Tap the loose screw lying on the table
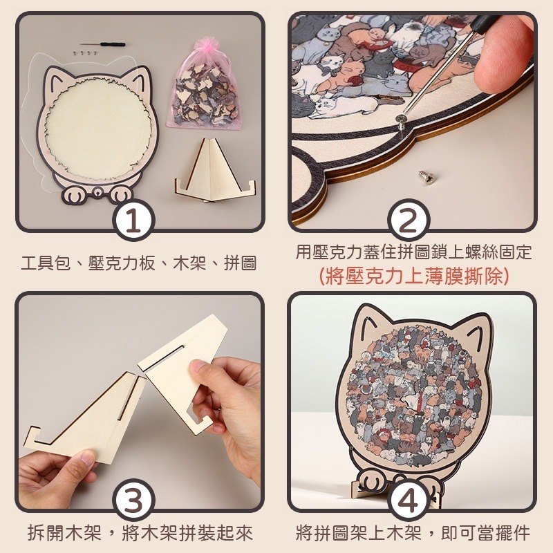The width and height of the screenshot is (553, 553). [x=426, y=178]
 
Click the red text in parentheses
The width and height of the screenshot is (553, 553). [x=413, y=276]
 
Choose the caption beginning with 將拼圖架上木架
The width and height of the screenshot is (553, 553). [x=413, y=533]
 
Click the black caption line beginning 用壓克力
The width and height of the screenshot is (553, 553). [x=413, y=252]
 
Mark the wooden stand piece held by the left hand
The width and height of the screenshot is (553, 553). [x=86, y=422]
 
